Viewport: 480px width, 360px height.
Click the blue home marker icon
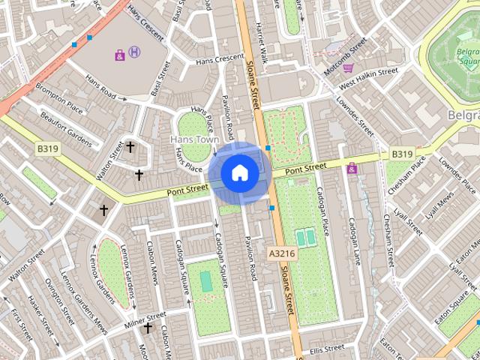point(239,173)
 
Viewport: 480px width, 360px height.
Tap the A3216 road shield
point(280,254)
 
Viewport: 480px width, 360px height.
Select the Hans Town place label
point(193,139)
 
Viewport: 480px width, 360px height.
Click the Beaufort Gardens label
point(71,129)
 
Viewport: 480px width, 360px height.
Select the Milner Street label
point(145,315)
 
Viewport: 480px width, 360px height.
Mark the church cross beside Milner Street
point(148,328)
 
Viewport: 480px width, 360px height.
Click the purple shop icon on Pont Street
point(352,168)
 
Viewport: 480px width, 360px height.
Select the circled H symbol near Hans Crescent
point(134,52)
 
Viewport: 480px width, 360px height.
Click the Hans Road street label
point(100,87)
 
